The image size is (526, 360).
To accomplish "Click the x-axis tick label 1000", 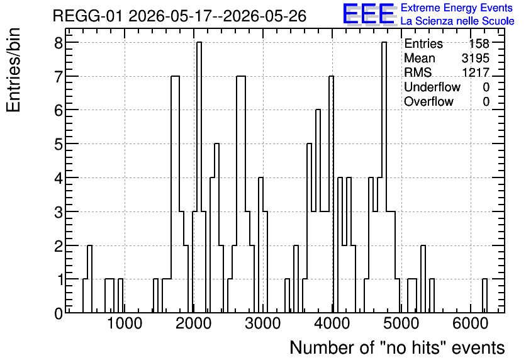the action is tap(125, 323).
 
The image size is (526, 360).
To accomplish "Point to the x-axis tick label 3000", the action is tap(262, 323).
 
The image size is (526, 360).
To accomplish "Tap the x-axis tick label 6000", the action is tap(470, 323).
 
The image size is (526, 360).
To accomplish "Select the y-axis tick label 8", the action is tap(59, 43).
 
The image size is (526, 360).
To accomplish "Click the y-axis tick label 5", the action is tap(59, 144).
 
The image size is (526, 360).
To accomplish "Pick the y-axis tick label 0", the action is tap(59, 313).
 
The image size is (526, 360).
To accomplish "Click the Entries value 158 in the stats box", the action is tap(479, 43).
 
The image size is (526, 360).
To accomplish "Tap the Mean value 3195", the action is tap(475, 58).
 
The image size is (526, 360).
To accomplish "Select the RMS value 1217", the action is tap(475, 72).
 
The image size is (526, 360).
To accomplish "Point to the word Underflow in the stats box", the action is tap(432, 87).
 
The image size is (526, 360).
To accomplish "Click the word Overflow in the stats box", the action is tap(428, 101).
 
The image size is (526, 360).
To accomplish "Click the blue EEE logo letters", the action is tap(368, 14).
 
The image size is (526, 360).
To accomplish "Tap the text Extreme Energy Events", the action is tap(457, 8).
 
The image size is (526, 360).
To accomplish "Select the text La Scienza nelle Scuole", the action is tap(457, 21).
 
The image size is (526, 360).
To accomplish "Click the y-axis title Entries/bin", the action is tap(13, 70).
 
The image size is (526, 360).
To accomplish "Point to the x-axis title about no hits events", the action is tap(397, 347).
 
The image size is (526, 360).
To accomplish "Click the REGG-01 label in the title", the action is tap(88, 16).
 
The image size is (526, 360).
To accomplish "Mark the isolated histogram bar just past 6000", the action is tap(484, 296).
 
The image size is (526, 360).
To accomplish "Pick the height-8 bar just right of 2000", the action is tap(199, 177).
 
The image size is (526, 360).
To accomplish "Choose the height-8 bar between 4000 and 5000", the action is tap(384, 177).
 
